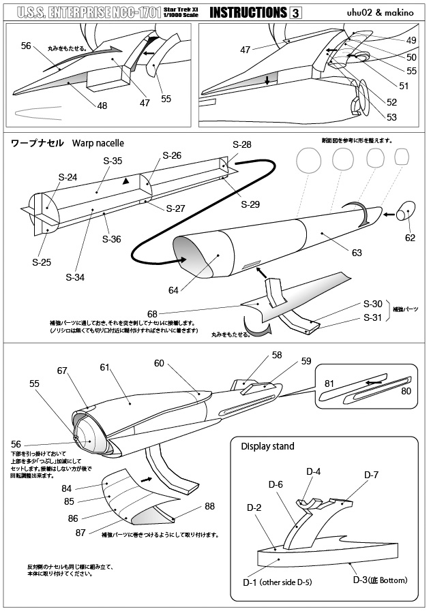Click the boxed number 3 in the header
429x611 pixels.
tap(295, 12)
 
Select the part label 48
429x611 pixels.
tap(102, 106)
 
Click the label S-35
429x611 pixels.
tap(113, 161)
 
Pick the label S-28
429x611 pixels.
tap(241, 144)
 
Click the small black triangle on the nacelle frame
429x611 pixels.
tap(125, 182)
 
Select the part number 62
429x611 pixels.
tap(410, 238)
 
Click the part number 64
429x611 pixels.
tap(173, 290)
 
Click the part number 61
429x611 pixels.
tap(104, 367)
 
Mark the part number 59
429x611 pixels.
tap(306, 361)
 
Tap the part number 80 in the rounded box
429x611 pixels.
tap(406, 391)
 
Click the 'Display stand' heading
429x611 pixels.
tap(267, 446)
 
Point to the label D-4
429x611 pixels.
tap(313, 471)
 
